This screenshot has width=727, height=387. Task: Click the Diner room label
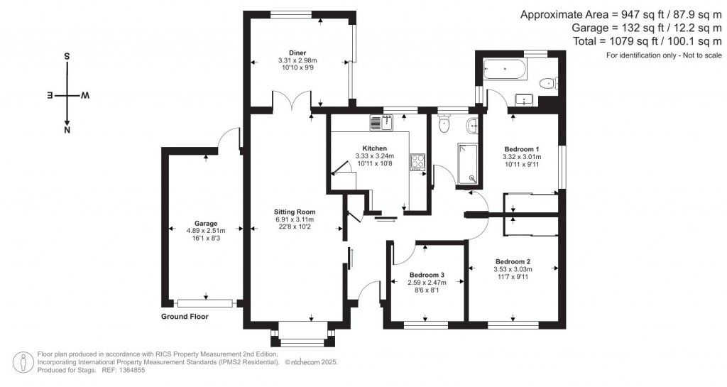click(297, 53)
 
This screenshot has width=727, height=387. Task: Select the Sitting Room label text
click(295, 212)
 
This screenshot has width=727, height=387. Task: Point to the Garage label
click(207, 223)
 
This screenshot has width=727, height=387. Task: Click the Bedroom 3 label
click(427, 275)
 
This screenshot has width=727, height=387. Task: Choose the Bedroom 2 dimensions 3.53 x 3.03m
click(513, 269)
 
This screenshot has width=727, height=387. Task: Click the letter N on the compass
click(67, 131)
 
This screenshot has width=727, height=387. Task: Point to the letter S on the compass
click(67, 55)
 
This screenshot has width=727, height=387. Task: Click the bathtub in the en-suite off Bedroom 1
click(504, 70)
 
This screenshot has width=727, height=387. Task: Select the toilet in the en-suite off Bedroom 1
click(547, 84)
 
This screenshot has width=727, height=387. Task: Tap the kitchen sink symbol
click(376, 123)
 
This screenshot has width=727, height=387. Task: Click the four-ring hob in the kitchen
click(417, 162)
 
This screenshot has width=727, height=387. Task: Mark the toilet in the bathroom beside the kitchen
click(445, 125)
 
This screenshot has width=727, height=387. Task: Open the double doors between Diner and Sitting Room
click(295, 102)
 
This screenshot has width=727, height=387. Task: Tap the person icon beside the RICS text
click(26, 361)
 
